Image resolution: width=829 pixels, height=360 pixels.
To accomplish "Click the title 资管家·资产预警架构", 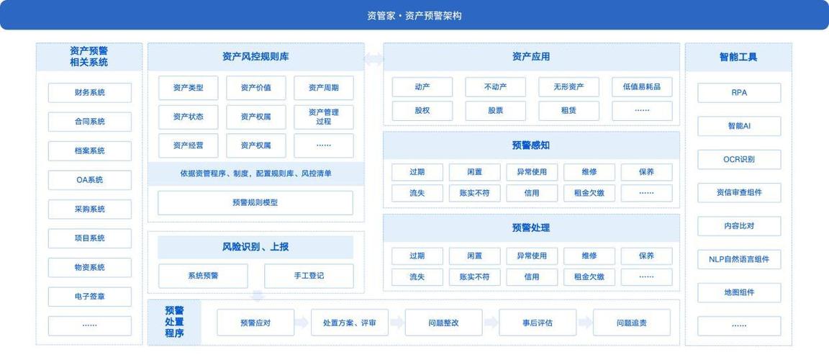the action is [x=414, y=16].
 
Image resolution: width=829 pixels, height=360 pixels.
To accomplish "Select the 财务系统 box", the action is [x=90, y=92].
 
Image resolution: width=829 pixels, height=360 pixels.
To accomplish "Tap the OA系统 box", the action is [x=90, y=180].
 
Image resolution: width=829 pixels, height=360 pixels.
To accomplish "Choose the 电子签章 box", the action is [x=90, y=297].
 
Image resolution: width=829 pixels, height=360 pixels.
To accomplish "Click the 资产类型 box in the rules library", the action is [x=189, y=88].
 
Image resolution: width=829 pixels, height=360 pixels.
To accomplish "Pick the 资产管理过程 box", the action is [x=324, y=117].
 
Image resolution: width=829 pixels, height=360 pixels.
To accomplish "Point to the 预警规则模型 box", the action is [x=255, y=202].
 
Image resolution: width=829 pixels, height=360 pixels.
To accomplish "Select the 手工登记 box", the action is [x=309, y=276].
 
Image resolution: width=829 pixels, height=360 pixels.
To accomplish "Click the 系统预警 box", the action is [x=203, y=276].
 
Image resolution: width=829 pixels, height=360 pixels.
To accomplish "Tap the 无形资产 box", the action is [x=569, y=87].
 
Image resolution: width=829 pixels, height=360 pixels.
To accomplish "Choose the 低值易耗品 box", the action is [x=642, y=87].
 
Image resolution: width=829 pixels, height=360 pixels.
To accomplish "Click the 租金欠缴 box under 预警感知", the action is [x=589, y=193].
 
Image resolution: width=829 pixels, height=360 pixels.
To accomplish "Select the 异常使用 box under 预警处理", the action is [x=532, y=256].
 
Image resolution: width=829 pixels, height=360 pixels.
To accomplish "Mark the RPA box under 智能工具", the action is [x=739, y=92].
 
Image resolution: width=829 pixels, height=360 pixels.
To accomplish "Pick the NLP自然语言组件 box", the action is [x=739, y=259].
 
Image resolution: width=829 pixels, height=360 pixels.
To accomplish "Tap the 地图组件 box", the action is [x=739, y=292].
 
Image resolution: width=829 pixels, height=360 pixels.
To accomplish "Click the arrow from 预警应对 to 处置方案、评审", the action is [x=302, y=323].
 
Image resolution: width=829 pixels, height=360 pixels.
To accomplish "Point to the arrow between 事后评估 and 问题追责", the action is [x=585, y=323].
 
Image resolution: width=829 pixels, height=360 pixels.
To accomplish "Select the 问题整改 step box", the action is [x=443, y=323].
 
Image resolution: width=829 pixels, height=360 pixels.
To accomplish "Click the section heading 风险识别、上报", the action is [x=255, y=247].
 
